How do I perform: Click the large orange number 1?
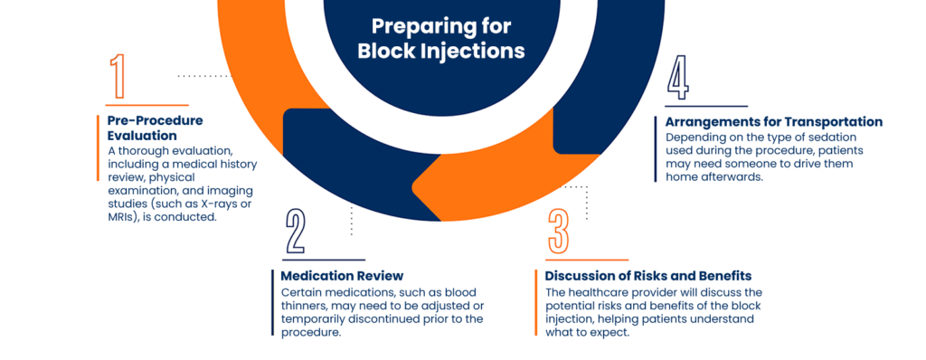tap(117, 77)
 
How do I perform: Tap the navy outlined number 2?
tap(296, 232)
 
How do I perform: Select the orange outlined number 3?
tap(559, 232)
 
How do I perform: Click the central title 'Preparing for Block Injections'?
tap(441, 38)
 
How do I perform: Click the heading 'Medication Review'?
tap(342, 275)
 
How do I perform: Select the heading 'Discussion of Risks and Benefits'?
tap(648, 275)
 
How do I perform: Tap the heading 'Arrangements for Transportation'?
tap(774, 121)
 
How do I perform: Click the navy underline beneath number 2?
tap(324, 261)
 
